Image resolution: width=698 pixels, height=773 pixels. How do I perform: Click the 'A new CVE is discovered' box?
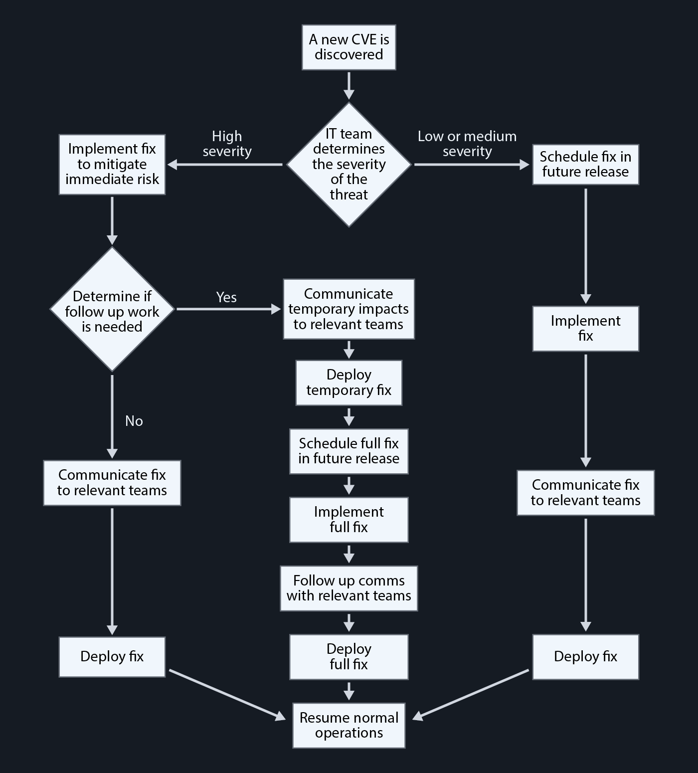click(x=349, y=47)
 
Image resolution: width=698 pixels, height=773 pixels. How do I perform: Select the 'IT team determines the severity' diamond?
click(x=349, y=165)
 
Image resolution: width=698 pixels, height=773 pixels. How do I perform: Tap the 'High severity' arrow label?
click(x=227, y=144)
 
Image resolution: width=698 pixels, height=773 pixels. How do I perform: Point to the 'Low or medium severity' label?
click(x=467, y=144)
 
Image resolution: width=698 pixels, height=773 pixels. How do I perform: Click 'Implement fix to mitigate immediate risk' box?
click(x=112, y=164)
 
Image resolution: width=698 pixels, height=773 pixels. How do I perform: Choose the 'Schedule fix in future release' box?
click(x=585, y=165)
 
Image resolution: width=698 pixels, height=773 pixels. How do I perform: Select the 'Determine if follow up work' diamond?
click(x=112, y=309)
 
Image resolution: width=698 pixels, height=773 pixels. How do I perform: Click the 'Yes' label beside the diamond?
click(x=226, y=297)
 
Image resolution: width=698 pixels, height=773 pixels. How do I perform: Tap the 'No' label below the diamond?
click(x=134, y=421)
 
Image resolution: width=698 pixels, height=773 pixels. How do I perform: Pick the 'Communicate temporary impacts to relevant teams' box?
click(x=349, y=309)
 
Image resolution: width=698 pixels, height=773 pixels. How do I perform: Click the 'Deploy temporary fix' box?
click(x=349, y=383)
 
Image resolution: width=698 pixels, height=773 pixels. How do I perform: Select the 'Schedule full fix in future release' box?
click(x=349, y=451)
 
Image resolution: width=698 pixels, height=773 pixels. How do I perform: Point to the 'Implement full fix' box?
click(x=349, y=520)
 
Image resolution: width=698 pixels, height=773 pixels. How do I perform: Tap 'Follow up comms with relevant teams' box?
click(x=349, y=588)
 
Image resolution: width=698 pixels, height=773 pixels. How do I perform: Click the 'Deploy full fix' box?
click(x=349, y=657)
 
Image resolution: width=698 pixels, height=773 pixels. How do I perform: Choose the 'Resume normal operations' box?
click(x=349, y=725)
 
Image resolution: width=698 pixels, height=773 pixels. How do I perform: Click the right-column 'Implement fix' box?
click(x=585, y=328)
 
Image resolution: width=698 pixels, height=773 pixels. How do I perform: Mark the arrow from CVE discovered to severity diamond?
click(x=349, y=86)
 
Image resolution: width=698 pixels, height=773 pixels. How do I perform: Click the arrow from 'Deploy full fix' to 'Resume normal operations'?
click(x=349, y=691)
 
